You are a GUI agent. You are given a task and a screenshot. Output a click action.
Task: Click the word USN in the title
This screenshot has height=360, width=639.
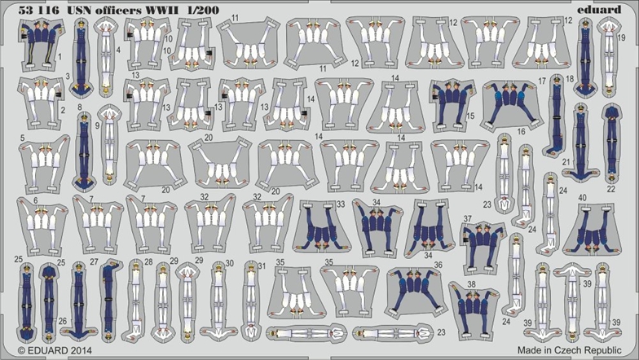coord(74,10)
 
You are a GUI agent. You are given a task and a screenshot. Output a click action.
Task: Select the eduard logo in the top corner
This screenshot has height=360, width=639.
coord(599,9)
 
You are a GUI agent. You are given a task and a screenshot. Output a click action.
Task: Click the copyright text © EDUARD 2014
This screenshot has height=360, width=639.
coord(55,350)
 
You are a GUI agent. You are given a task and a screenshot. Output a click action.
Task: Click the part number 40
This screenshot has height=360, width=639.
coord(582,198)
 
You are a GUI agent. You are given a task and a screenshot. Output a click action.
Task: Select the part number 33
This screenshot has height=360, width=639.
coord(341,204)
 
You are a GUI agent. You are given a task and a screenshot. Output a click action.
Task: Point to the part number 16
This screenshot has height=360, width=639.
coord(521,132)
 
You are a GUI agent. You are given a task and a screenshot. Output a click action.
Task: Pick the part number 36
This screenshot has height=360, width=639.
coord(438,265)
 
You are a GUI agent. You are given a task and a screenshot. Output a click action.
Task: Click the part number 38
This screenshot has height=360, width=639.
coord(471,283)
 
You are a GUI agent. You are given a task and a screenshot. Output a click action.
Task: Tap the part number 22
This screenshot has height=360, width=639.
coord(611,189)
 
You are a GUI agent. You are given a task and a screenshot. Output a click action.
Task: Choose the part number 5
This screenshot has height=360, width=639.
coord(23,138)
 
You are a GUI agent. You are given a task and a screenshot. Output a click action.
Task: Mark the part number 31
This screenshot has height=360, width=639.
coord(262,266)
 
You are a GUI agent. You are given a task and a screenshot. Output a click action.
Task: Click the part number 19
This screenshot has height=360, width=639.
coord(621,37)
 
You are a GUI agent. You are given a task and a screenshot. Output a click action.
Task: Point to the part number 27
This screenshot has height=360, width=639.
coord(95,262)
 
